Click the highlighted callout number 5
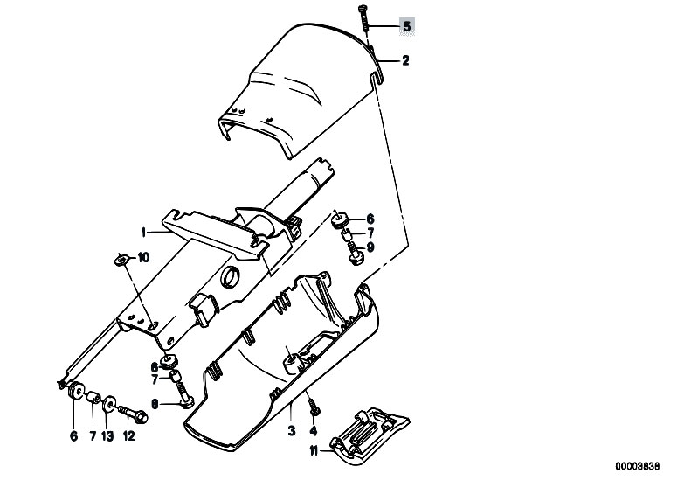pyautogui.click(x=407, y=26)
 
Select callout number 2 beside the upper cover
pyautogui.click(x=405, y=60)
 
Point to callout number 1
pyautogui.click(x=143, y=232)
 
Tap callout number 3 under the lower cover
pyautogui.click(x=292, y=431)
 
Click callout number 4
pyautogui.click(x=314, y=431)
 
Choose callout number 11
pyautogui.click(x=314, y=452)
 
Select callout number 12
pyautogui.click(x=128, y=436)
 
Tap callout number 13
pyautogui.click(x=107, y=436)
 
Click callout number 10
pyautogui.click(x=144, y=257)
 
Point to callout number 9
pyautogui.click(x=370, y=247)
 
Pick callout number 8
pyautogui.click(x=155, y=404)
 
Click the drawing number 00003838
pyautogui.click(x=638, y=466)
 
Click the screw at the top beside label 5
pyautogui.click(x=363, y=18)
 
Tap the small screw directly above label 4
pyautogui.click(x=314, y=407)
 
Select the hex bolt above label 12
pyautogui.click(x=134, y=414)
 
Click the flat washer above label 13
pyautogui.click(x=107, y=404)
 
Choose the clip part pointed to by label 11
pyautogui.click(x=370, y=435)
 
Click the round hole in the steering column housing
pyautogui.click(x=232, y=277)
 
